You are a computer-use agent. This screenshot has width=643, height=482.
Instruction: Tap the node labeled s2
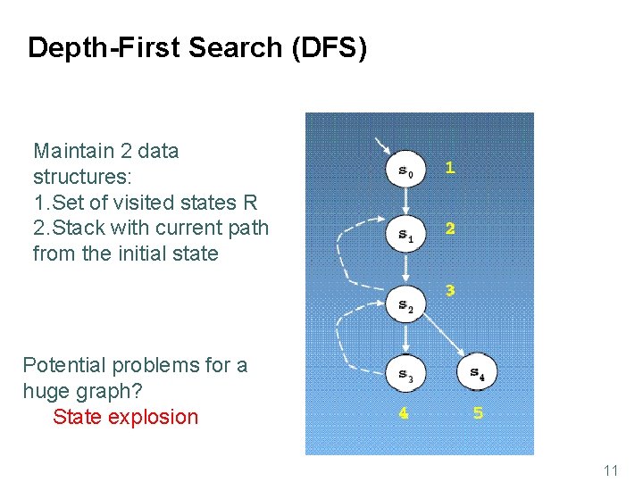coord(405,305)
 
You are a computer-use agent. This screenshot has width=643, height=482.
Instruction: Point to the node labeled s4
coord(477,371)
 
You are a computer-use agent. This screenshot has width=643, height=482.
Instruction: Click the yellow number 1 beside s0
coord(450,167)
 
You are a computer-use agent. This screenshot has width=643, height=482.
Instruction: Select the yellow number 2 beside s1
coord(450,229)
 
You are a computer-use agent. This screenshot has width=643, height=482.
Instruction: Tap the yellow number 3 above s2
coord(450,290)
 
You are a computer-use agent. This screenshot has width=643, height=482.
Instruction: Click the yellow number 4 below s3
coord(404,413)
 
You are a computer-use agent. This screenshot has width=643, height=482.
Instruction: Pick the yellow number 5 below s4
coord(478,413)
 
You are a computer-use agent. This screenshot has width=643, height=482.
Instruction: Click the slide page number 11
coord(611,470)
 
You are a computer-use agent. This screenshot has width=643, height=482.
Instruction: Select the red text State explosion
coord(125,417)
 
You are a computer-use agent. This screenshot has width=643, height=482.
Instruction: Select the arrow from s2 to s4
coord(441,337)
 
